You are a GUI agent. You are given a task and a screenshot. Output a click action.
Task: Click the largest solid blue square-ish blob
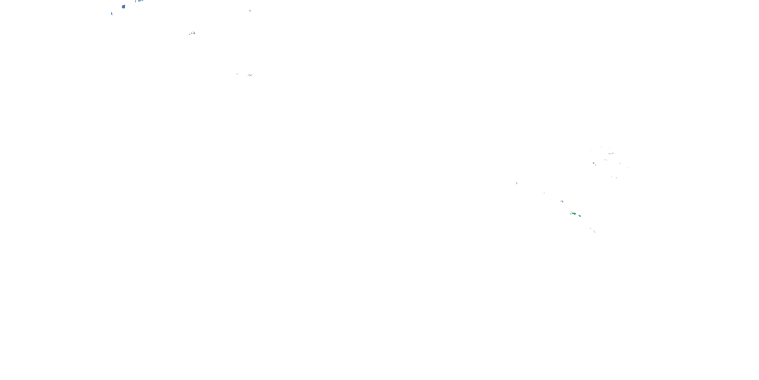123,7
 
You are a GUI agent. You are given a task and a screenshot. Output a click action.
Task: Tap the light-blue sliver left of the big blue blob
112,14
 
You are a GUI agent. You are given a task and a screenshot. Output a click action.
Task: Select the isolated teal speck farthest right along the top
250,11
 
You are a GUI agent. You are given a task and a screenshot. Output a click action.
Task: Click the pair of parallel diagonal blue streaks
250,75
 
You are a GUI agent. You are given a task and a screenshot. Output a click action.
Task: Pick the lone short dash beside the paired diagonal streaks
237,74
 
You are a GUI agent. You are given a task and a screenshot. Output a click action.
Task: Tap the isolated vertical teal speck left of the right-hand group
517,183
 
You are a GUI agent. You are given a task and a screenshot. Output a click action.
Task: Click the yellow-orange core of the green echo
574,213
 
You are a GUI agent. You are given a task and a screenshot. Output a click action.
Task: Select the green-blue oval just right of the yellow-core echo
580,216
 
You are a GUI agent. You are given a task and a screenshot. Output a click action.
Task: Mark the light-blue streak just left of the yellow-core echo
571,213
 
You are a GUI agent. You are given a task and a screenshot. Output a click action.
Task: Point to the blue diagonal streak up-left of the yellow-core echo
562,201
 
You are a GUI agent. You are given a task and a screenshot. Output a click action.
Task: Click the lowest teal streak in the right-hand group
595,232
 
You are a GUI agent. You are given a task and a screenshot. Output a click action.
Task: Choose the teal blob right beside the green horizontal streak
613,153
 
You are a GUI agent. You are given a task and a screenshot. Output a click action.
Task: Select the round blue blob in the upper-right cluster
593,163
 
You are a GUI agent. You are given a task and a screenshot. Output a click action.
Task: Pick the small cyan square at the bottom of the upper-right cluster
616,178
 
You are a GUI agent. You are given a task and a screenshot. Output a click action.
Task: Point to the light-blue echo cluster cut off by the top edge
139,1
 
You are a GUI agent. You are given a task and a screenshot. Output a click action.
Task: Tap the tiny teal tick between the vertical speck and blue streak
544,193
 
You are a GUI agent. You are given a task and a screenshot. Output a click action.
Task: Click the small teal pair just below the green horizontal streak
605,160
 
